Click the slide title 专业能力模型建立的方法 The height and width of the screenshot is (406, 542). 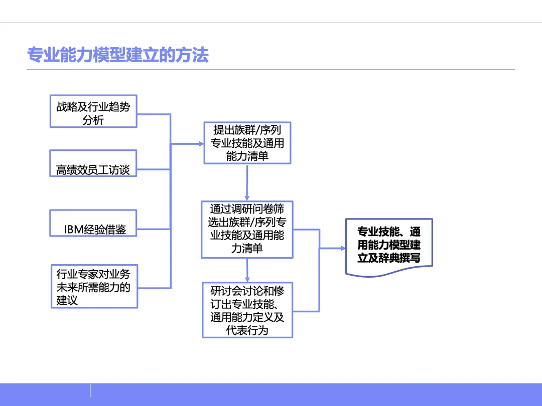click(x=117, y=55)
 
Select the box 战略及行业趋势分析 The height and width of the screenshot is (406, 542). click(x=93, y=111)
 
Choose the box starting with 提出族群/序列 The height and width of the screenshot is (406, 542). click(x=247, y=143)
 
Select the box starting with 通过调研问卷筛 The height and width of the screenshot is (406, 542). click(x=247, y=229)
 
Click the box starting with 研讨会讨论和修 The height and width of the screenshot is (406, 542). click(x=247, y=310)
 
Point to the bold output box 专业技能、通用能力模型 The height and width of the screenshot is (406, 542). click(x=389, y=246)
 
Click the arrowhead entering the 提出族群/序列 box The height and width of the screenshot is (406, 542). click(x=200, y=144)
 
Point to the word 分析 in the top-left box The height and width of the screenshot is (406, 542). click(x=93, y=120)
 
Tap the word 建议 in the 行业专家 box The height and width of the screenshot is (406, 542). click(x=67, y=301)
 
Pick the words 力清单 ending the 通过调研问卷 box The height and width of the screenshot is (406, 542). click(x=247, y=248)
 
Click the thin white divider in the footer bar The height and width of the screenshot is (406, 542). click(x=90, y=390)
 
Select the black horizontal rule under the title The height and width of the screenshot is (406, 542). click(x=271, y=70)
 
